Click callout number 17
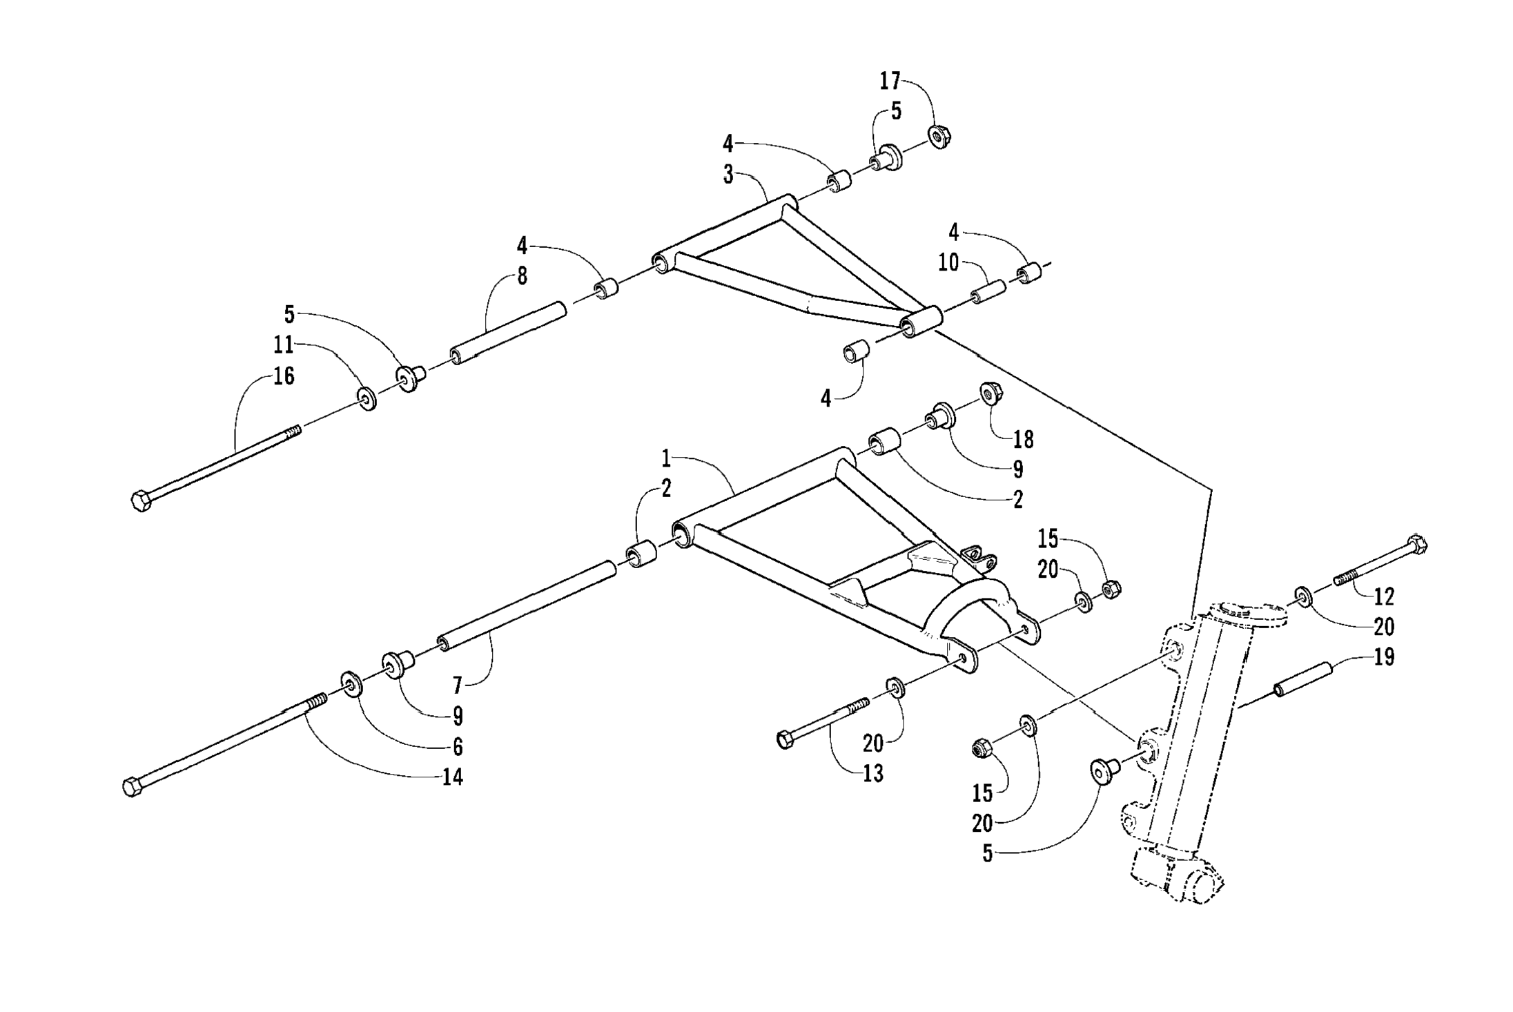pos(890,81)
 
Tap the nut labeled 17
pos(939,136)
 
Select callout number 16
pos(284,377)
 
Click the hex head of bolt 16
pos(141,500)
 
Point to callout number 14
pos(452,777)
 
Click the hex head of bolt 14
pos(132,787)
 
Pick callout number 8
pos(522,276)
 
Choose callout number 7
pos(457,685)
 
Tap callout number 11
pos(284,344)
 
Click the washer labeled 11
pos(367,399)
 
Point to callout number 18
pos(1023,439)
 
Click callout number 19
pos(1384,657)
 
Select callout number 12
pos(1384,596)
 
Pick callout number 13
pos(873,774)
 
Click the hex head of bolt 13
pos(785,739)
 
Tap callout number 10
pos(948,263)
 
